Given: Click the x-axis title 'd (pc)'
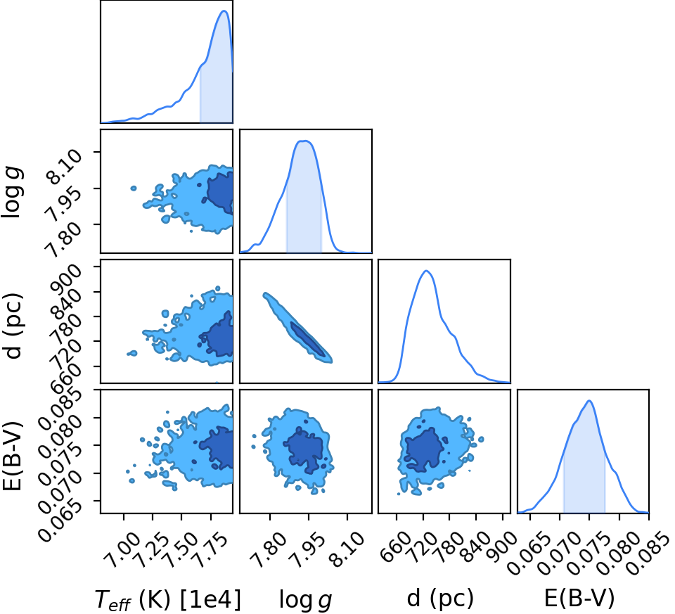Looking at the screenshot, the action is tap(440, 598).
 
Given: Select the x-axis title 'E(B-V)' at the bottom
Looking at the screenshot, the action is tap(580, 598).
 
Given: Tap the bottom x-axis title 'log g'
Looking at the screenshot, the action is tap(306, 599).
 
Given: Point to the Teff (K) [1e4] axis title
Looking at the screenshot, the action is tap(168, 599).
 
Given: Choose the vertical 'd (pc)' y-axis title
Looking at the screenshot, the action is tap(13, 326).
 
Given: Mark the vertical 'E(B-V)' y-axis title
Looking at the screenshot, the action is tap(12, 455).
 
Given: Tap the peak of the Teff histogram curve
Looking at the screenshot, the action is tap(224, 11).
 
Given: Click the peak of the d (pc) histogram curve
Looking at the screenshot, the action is tap(426, 271).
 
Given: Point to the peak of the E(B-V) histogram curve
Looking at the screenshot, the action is tap(589, 401).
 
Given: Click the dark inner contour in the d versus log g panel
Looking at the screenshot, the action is tap(307, 339).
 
